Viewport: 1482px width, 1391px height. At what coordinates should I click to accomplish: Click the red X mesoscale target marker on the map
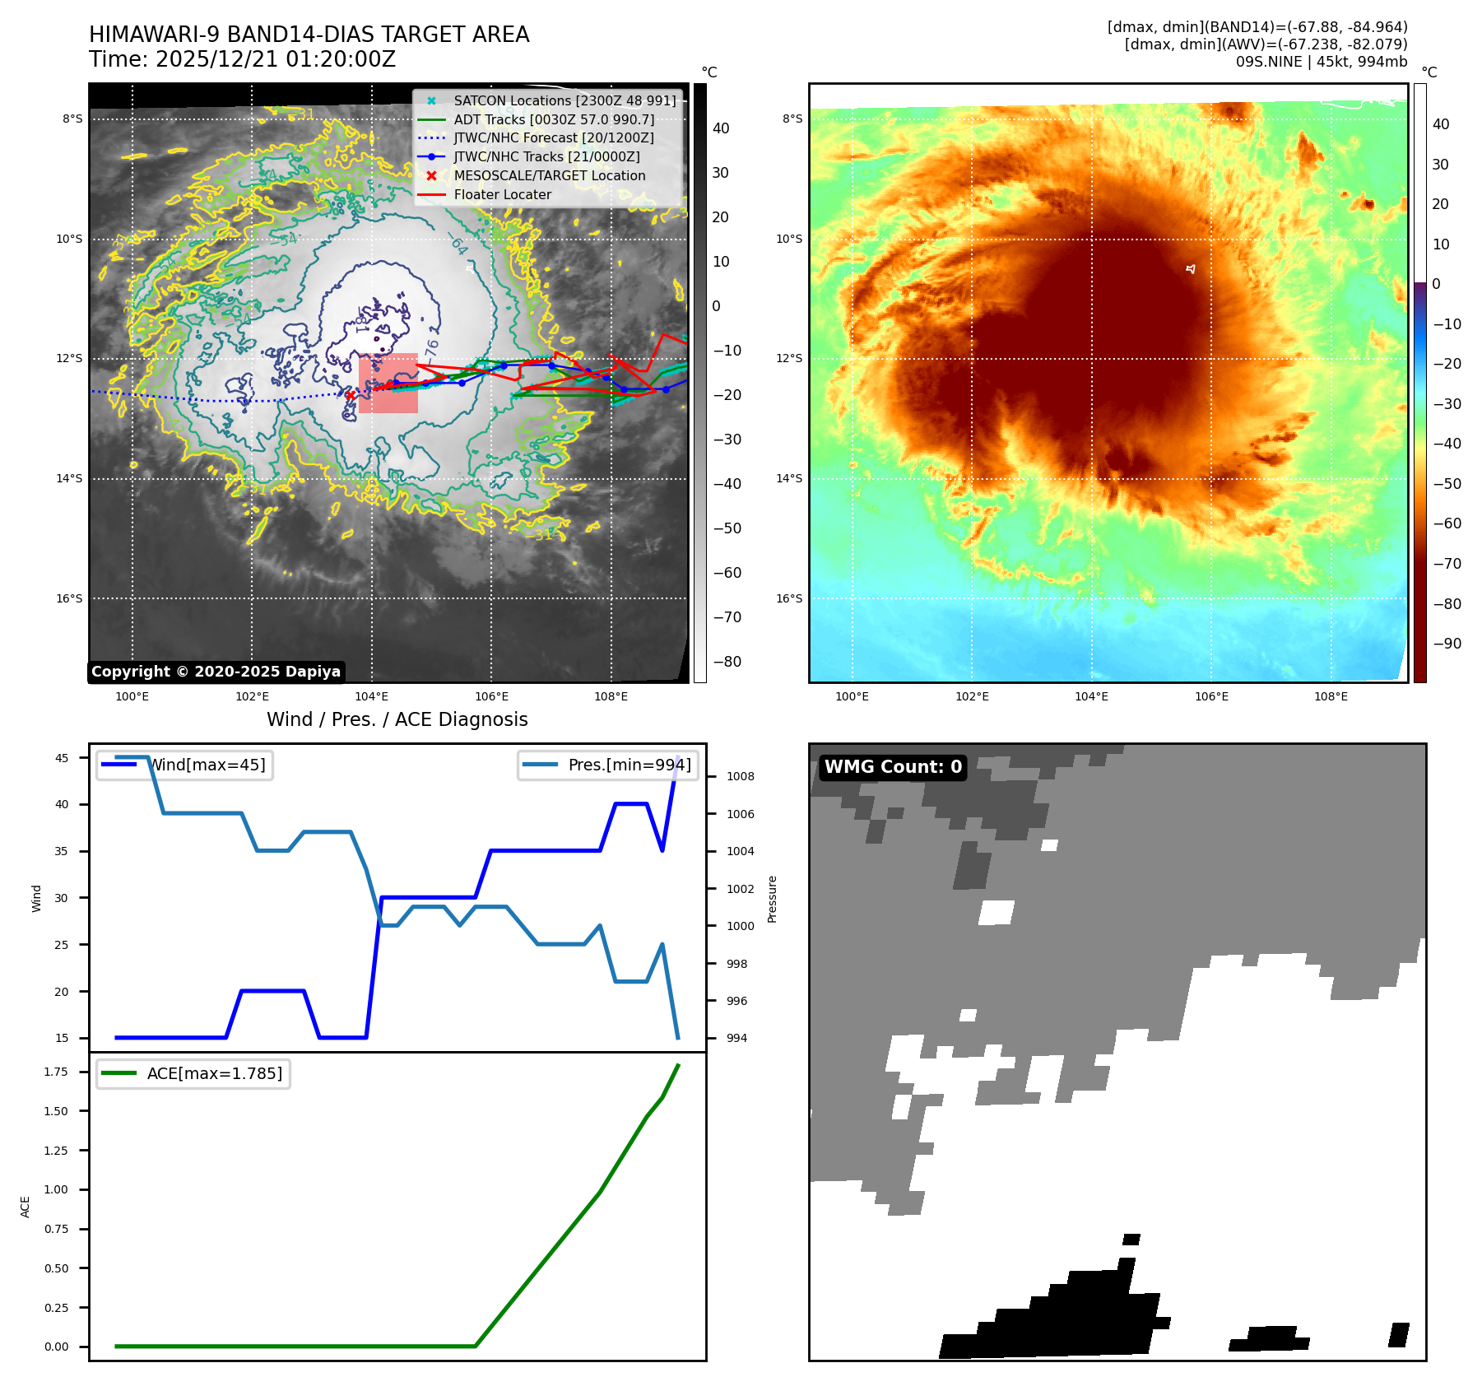(350, 395)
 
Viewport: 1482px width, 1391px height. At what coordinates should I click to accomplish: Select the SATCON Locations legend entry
(564, 100)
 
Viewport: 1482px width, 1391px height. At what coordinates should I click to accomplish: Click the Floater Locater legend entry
(502, 194)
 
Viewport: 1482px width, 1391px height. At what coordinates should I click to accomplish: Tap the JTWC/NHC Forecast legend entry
(554, 137)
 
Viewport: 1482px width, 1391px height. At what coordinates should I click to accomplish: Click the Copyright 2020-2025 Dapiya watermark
(216, 672)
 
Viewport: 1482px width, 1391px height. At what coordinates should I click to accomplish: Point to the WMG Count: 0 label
(893, 767)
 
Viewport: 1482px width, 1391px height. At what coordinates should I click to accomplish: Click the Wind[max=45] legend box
(185, 765)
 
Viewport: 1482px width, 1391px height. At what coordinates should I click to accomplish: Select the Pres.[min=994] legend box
(608, 765)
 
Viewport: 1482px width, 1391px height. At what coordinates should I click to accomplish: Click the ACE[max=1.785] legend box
(193, 1073)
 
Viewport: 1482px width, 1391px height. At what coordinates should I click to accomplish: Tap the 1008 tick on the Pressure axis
(740, 776)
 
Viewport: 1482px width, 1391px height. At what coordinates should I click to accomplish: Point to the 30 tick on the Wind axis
(62, 898)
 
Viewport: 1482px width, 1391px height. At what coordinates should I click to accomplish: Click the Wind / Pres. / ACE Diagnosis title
(397, 719)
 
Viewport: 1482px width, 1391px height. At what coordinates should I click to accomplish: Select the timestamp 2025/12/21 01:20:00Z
(276, 59)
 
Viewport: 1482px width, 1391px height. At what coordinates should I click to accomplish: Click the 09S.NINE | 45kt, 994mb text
(1321, 62)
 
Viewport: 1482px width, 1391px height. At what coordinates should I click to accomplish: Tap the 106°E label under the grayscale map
(491, 696)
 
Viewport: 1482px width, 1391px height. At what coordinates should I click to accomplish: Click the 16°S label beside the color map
(789, 598)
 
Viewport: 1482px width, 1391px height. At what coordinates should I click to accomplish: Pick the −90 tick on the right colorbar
(1447, 644)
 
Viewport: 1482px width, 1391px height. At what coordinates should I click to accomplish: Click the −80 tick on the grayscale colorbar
(727, 662)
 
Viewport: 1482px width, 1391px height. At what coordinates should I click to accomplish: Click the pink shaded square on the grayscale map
(388, 384)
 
